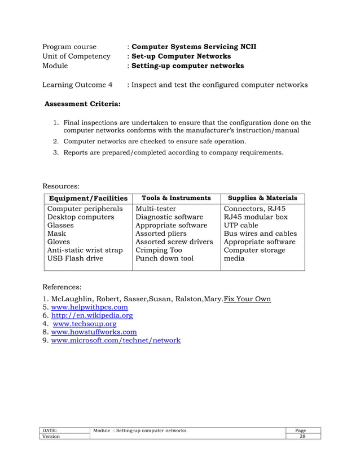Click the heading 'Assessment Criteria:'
(x=82, y=104)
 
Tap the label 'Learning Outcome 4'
(x=77, y=85)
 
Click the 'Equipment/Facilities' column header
(x=88, y=198)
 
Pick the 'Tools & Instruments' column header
(x=176, y=198)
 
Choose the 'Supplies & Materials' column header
(x=262, y=198)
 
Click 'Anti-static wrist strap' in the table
(x=85, y=250)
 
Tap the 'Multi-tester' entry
(x=156, y=208)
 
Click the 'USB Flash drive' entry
(x=75, y=258)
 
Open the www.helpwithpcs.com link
(x=89, y=307)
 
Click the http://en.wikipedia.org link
(x=92, y=315)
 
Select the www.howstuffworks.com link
(x=94, y=332)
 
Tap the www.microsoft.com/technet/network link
(x=116, y=340)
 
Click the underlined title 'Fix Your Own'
(x=247, y=298)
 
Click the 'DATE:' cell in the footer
(x=50, y=430)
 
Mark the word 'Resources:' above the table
(x=61, y=184)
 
